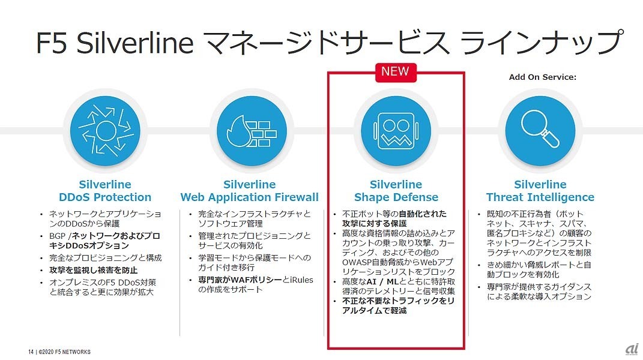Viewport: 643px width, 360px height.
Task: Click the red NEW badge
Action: [x=395, y=71]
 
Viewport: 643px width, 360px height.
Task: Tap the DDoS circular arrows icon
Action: [x=105, y=130]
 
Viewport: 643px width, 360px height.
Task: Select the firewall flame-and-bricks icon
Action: [x=249, y=130]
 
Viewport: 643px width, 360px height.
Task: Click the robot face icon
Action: [x=396, y=130]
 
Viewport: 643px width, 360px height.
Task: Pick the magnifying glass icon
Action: [x=540, y=130]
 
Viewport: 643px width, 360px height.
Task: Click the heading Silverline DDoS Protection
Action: [x=105, y=191]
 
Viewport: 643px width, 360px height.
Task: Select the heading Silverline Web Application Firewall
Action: [x=249, y=191]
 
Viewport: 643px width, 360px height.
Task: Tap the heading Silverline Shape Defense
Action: [x=396, y=191]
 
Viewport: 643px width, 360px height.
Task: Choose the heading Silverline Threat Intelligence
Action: [x=540, y=191]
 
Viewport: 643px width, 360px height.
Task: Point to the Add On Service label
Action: [x=542, y=77]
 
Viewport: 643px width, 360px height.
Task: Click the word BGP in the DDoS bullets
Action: [x=58, y=236]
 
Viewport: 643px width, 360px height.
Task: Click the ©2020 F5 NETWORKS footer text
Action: [x=65, y=352]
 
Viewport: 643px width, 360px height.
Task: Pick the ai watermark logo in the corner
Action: [x=631, y=349]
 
